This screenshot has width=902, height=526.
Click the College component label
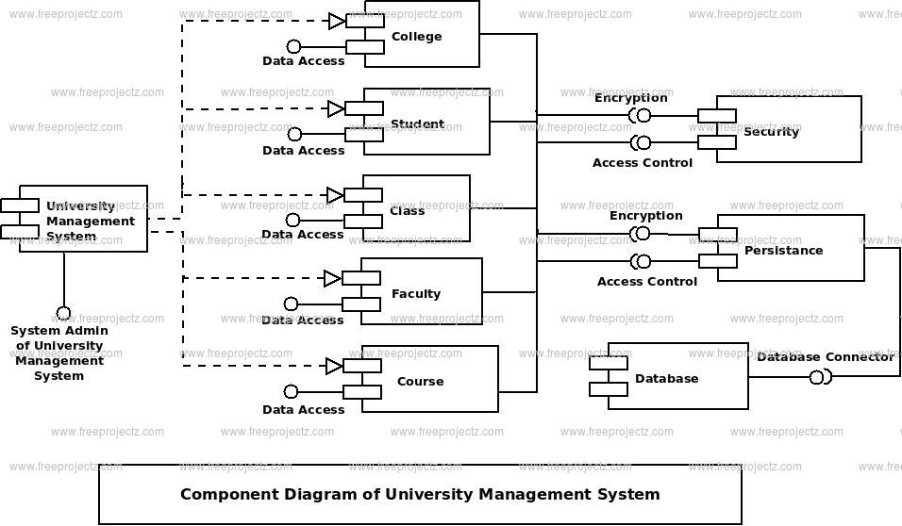point(416,37)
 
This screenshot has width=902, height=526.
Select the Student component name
point(418,124)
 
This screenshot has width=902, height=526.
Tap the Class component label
point(408,211)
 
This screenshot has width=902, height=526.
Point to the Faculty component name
point(416,294)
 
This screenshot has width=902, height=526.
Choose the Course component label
point(421,382)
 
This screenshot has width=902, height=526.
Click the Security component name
point(772,132)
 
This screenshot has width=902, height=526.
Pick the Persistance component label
point(783,251)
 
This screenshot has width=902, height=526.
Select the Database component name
point(667,379)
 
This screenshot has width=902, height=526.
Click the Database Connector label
point(826,357)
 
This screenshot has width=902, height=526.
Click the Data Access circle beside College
point(294,46)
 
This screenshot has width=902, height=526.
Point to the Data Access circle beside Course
point(292,392)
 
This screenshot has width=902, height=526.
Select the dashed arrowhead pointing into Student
point(337,108)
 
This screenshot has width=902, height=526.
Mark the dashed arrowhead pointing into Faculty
point(333,279)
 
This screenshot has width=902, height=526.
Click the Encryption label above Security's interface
point(631,98)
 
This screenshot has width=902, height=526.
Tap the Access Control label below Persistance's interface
point(647,282)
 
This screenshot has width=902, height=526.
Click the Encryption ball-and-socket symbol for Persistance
point(641,234)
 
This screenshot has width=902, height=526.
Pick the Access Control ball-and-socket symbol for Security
point(641,142)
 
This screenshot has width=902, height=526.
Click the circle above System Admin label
point(63,314)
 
